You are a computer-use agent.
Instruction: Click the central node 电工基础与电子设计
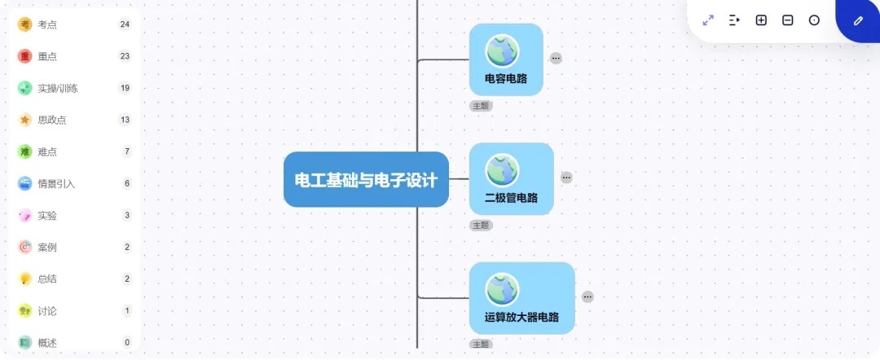coord(366,179)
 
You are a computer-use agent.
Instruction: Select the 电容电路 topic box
coord(506,59)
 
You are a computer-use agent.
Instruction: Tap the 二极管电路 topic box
coord(511,179)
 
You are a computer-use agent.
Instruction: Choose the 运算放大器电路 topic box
coord(522,298)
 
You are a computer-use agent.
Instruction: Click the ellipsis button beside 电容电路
coord(556,58)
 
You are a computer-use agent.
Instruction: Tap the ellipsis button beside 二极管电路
coord(566,178)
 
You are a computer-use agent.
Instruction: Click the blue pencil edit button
coord(857,20)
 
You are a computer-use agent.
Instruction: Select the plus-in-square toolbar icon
coord(761,20)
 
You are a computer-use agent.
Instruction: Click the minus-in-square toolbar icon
coord(787,20)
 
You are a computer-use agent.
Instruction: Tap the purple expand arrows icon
coord(708,20)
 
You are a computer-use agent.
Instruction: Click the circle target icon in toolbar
coord(814,20)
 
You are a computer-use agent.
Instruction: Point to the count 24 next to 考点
coord(125,24)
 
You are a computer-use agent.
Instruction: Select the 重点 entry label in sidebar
coord(47,56)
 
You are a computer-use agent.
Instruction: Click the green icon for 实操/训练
coord(24,88)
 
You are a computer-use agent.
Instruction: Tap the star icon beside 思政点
coord(24,120)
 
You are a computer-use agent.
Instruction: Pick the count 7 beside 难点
coord(127,151)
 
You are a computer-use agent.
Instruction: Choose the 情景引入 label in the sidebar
coord(56,183)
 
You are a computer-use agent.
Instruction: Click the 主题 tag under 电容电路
coord(481,105)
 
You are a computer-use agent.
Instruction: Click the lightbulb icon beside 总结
coord(24,279)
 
